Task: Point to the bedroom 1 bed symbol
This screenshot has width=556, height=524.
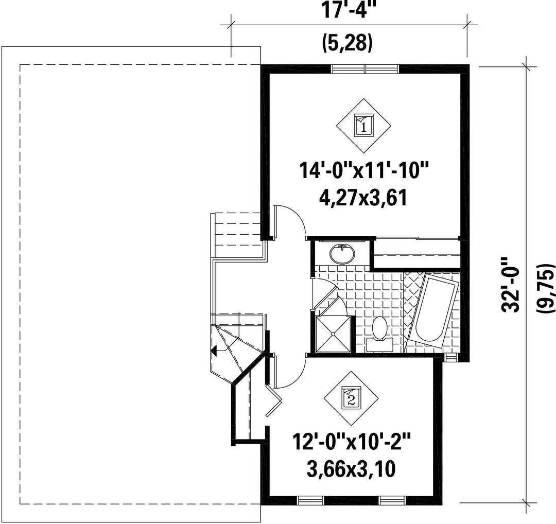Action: pyautogui.click(x=364, y=126)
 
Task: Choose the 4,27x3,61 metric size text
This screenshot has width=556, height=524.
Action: pyautogui.click(x=363, y=198)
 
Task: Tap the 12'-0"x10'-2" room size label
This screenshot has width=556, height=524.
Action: pyautogui.click(x=352, y=442)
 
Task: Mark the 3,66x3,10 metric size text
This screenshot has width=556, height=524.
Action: pyautogui.click(x=351, y=469)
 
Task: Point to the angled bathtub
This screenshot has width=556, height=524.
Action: pyautogui.click(x=432, y=310)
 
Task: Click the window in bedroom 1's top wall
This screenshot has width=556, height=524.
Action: pyautogui.click(x=365, y=69)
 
